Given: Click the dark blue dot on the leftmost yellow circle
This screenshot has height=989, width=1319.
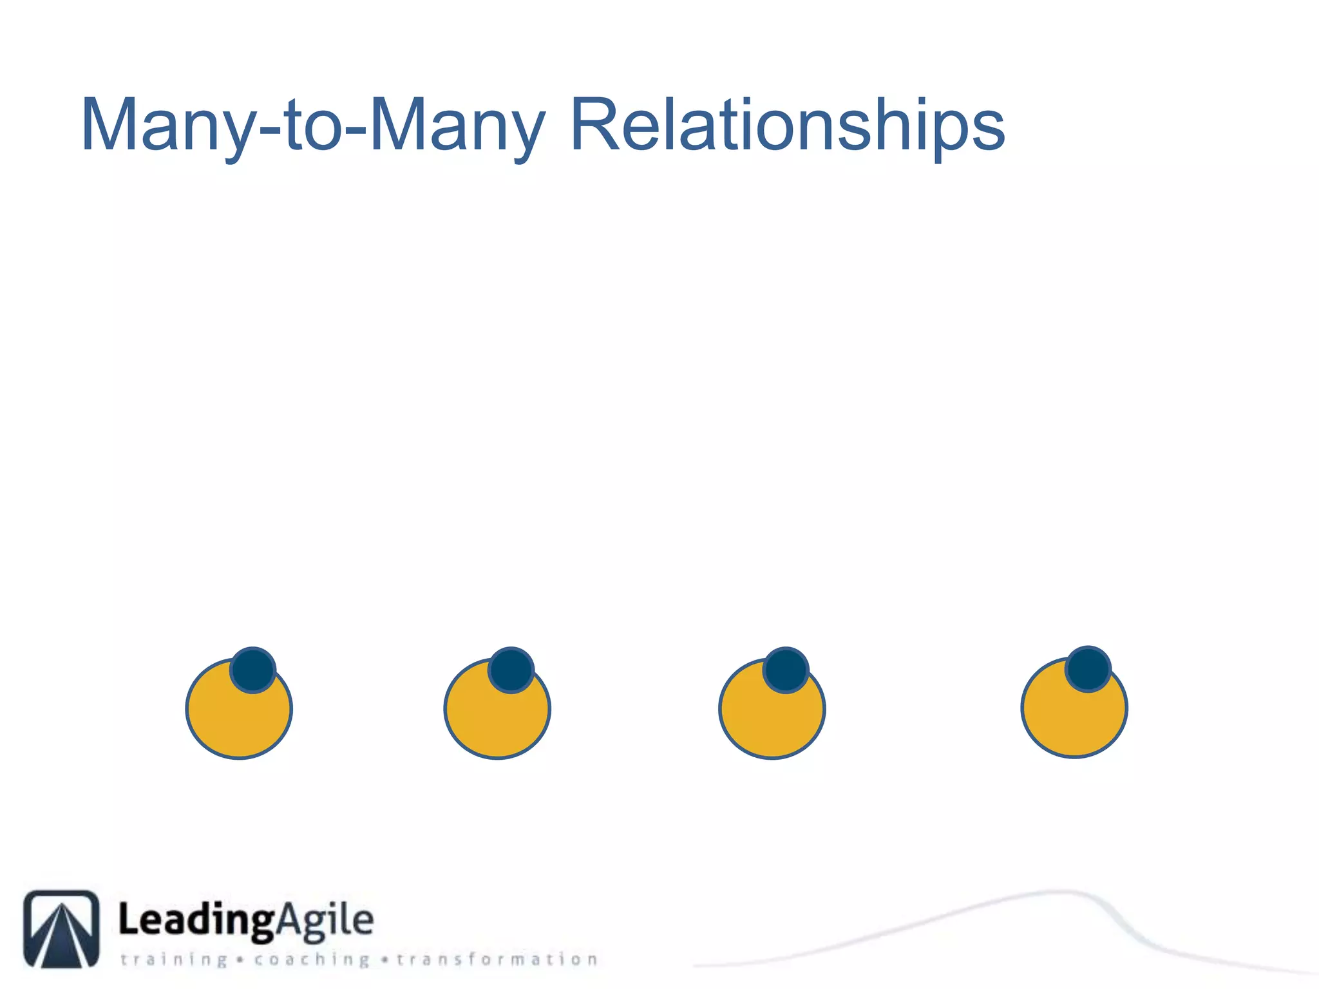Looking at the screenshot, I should pyautogui.click(x=253, y=670).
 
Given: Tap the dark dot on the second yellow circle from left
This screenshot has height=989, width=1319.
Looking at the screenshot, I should pyautogui.click(x=511, y=670).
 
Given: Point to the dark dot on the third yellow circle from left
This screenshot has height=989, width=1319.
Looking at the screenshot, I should pyautogui.click(x=785, y=670).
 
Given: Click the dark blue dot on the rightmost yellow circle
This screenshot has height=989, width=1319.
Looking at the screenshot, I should pyautogui.click(x=1088, y=669).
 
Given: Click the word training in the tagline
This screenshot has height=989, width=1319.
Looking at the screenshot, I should pyautogui.click(x=174, y=960).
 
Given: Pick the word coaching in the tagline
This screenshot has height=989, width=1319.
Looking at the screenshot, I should pyautogui.click(x=312, y=960).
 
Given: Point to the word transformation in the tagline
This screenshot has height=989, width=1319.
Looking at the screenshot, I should pyautogui.click(x=497, y=959).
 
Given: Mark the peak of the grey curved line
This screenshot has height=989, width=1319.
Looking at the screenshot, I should pyautogui.click(x=1059, y=892).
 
